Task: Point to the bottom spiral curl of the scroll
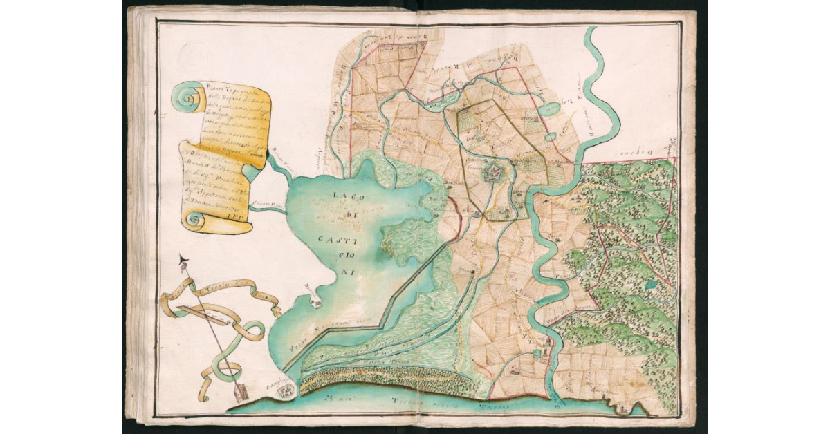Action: (194, 220)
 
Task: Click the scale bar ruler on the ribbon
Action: (207, 319)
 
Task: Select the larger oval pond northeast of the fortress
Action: (551, 108)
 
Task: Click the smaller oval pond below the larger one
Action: (550, 137)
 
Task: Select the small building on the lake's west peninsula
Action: (315, 299)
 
